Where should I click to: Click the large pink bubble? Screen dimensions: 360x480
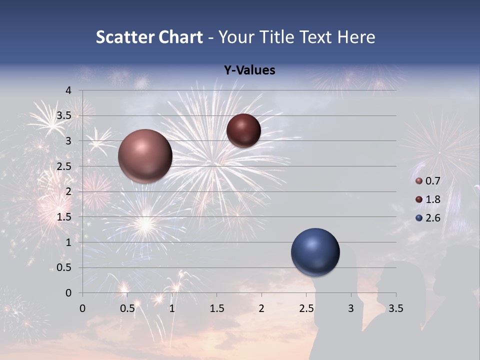[145, 156]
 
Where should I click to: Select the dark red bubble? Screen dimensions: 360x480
[243, 130]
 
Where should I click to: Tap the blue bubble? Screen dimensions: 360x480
[315, 252]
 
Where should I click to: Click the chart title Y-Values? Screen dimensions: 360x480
[249, 70]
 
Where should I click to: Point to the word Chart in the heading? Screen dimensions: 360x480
[180, 37]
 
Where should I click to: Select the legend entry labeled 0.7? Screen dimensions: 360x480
[428, 181]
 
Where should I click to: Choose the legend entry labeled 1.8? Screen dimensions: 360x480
[428, 199]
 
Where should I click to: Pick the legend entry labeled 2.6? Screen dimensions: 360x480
[428, 218]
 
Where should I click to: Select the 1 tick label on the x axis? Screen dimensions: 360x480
[172, 308]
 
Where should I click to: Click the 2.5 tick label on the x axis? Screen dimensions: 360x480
[306, 308]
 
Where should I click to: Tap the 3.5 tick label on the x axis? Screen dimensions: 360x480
[395, 308]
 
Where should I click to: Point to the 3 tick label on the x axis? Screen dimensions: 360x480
[351, 308]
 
